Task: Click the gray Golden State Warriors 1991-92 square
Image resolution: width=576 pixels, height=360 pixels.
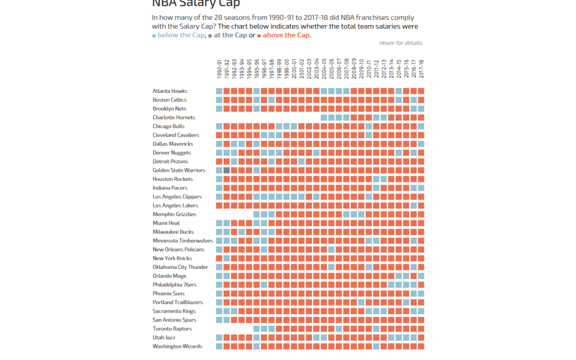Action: pyautogui.click(x=227, y=170)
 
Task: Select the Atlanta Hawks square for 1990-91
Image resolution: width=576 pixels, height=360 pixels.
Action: pyautogui.click(x=219, y=91)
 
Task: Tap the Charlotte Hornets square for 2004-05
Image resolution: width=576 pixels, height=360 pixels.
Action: pyautogui.click(x=324, y=117)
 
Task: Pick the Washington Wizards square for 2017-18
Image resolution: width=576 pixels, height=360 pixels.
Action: pyautogui.click(x=421, y=346)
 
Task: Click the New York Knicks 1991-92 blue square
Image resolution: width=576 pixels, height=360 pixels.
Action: pyautogui.click(x=227, y=258)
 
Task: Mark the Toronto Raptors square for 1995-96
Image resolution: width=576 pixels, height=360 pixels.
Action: pyautogui.click(x=257, y=329)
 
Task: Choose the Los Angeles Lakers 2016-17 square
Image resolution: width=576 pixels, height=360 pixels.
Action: pyautogui.click(x=413, y=205)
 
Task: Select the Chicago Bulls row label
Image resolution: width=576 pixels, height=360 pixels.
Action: pyautogui.click(x=169, y=126)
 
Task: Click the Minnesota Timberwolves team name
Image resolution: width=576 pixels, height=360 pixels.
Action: pyautogui.click(x=182, y=241)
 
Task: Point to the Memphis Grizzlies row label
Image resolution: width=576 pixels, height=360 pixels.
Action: pyautogui.click(x=174, y=214)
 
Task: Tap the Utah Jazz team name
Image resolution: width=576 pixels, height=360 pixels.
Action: pyautogui.click(x=164, y=338)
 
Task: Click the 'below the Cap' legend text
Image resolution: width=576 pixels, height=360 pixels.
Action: pyautogui.click(x=181, y=35)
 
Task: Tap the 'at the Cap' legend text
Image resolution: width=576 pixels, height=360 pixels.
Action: pyautogui.click(x=230, y=35)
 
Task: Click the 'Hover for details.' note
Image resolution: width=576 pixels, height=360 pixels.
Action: pyautogui.click(x=401, y=43)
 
